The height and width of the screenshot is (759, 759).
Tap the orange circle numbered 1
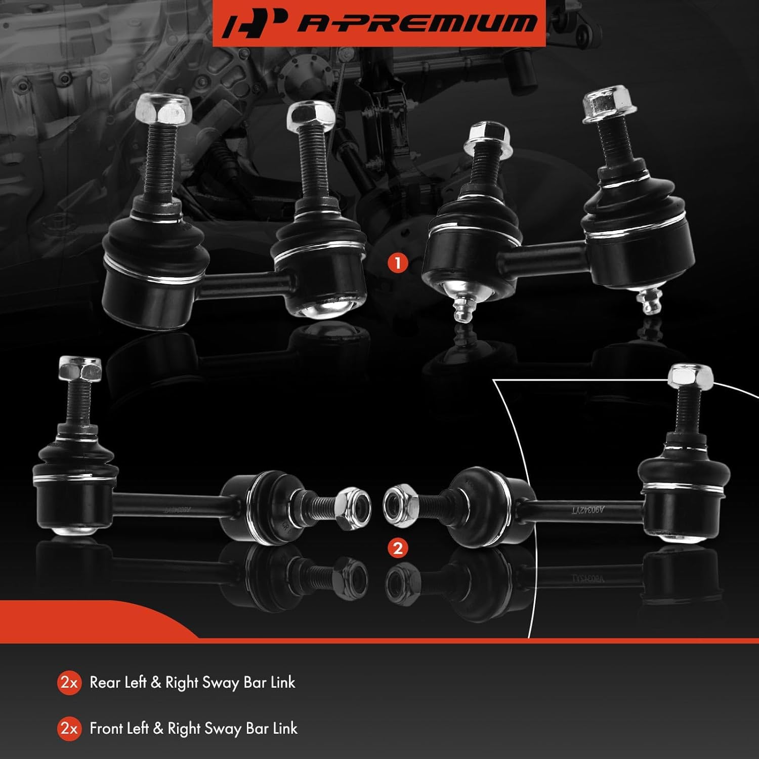[x=398, y=263]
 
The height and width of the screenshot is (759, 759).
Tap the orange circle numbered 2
[x=398, y=548]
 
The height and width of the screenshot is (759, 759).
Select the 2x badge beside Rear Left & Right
[x=69, y=683]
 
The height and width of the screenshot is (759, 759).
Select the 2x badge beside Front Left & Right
[x=69, y=729]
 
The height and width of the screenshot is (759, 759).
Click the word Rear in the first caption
[x=105, y=683]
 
